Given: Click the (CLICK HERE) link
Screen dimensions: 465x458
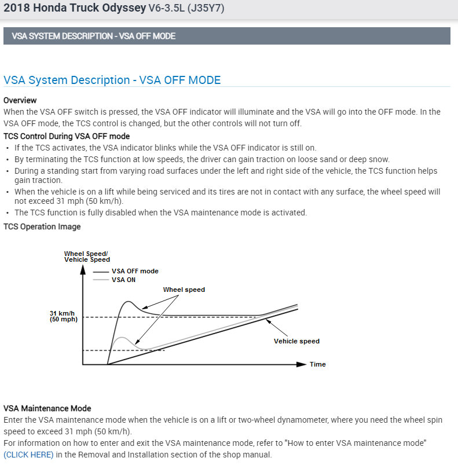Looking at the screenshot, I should pos(28,455).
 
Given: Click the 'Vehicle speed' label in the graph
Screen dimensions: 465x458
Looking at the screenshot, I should pos(296,341).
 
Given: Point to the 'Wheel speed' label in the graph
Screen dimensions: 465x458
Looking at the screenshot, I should pos(184,290).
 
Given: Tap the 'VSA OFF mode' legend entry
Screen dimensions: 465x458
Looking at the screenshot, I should pos(135,271).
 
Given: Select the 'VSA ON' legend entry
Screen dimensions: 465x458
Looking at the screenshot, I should pos(123,280).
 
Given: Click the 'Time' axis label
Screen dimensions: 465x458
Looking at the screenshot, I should pos(317,364).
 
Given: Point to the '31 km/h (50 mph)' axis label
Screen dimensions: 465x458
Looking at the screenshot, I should pos(63,316).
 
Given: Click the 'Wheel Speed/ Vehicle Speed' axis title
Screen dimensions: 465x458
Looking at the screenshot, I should pos(87,257).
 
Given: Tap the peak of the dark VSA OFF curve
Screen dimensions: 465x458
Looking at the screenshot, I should pos(129,302).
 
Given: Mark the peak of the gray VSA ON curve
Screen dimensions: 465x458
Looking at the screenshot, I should pos(121,337).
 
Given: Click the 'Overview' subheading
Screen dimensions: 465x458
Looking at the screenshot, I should pos(20,100).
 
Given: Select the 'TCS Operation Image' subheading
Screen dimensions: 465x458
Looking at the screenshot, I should pos(42,226).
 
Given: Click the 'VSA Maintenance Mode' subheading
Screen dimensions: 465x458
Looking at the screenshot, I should pos(47,408).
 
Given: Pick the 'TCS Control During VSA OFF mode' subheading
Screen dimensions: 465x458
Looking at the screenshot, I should pos(67,136).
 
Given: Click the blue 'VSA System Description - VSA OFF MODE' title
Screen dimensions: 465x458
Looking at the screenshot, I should pos(112,80).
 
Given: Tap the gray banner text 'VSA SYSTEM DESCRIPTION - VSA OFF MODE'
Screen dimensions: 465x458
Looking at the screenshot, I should pos(93,36).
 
